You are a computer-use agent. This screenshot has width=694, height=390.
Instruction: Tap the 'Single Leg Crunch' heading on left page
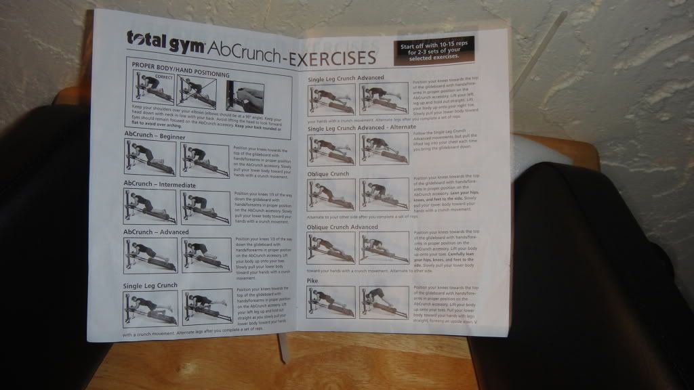click(150, 286)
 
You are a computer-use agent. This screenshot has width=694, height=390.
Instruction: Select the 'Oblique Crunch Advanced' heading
click(342, 227)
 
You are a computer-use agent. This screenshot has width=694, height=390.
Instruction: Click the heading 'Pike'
click(312, 280)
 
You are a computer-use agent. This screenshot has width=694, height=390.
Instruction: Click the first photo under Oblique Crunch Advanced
click(330, 248)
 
